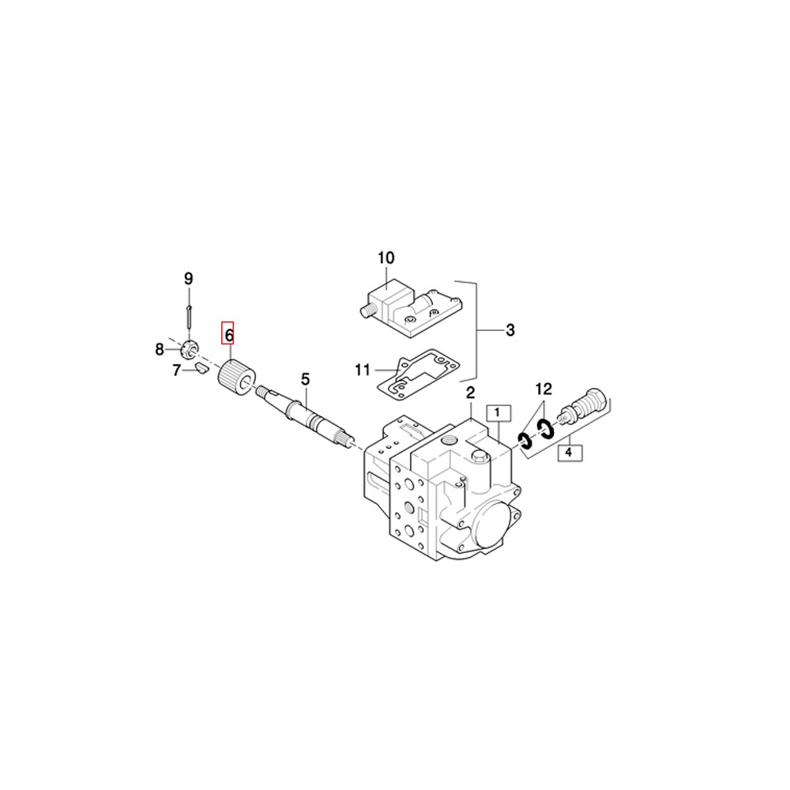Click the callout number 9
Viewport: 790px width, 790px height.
pyautogui.click(x=189, y=279)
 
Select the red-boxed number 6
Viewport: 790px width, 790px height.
pyautogui.click(x=228, y=333)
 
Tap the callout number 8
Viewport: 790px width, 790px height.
pyautogui.click(x=160, y=349)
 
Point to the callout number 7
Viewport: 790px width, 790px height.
pyautogui.click(x=176, y=371)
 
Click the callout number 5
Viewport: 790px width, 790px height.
pyautogui.click(x=305, y=379)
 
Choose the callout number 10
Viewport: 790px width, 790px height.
pyautogui.click(x=386, y=258)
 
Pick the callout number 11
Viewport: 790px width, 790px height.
pyautogui.click(x=363, y=371)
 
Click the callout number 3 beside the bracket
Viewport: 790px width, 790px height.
pyautogui.click(x=510, y=330)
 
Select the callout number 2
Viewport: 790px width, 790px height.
pyautogui.click(x=471, y=393)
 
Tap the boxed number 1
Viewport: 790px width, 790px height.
pyautogui.click(x=498, y=413)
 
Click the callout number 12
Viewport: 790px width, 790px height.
pyautogui.click(x=544, y=389)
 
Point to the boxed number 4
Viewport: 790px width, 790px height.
pyautogui.click(x=570, y=453)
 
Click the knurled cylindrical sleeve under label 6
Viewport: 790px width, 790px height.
pyautogui.click(x=236, y=378)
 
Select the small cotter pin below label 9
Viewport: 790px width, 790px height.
pyautogui.click(x=189, y=316)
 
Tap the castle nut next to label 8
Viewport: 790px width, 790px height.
pyautogui.click(x=190, y=348)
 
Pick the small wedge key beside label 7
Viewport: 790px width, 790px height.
pyautogui.click(x=202, y=368)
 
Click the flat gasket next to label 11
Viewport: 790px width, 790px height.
pyautogui.click(x=419, y=374)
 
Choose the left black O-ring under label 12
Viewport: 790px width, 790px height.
pyautogui.click(x=525, y=441)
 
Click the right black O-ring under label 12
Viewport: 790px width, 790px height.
pyautogui.click(x=544, y=427)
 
